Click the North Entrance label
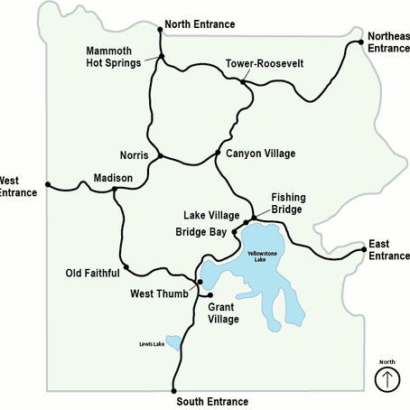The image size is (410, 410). [200, 24]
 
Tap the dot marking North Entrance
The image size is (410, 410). [161, 29]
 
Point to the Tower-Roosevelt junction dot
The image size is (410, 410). [244, 82]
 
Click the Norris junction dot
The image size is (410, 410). [160, 155]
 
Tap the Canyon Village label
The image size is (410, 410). [261, 154]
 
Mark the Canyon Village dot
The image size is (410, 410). [218, 152]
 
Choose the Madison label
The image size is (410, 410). [113, 177]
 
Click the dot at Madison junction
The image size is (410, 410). [116, 189]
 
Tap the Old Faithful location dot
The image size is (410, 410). [126, 266]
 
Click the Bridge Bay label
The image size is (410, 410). [200, 232]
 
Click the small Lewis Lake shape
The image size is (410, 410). [172, 345]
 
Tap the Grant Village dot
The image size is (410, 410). [210, 294]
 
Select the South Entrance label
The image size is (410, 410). [212, 401]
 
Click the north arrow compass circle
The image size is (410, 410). [387, 379]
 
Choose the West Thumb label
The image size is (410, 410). [159, 294]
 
